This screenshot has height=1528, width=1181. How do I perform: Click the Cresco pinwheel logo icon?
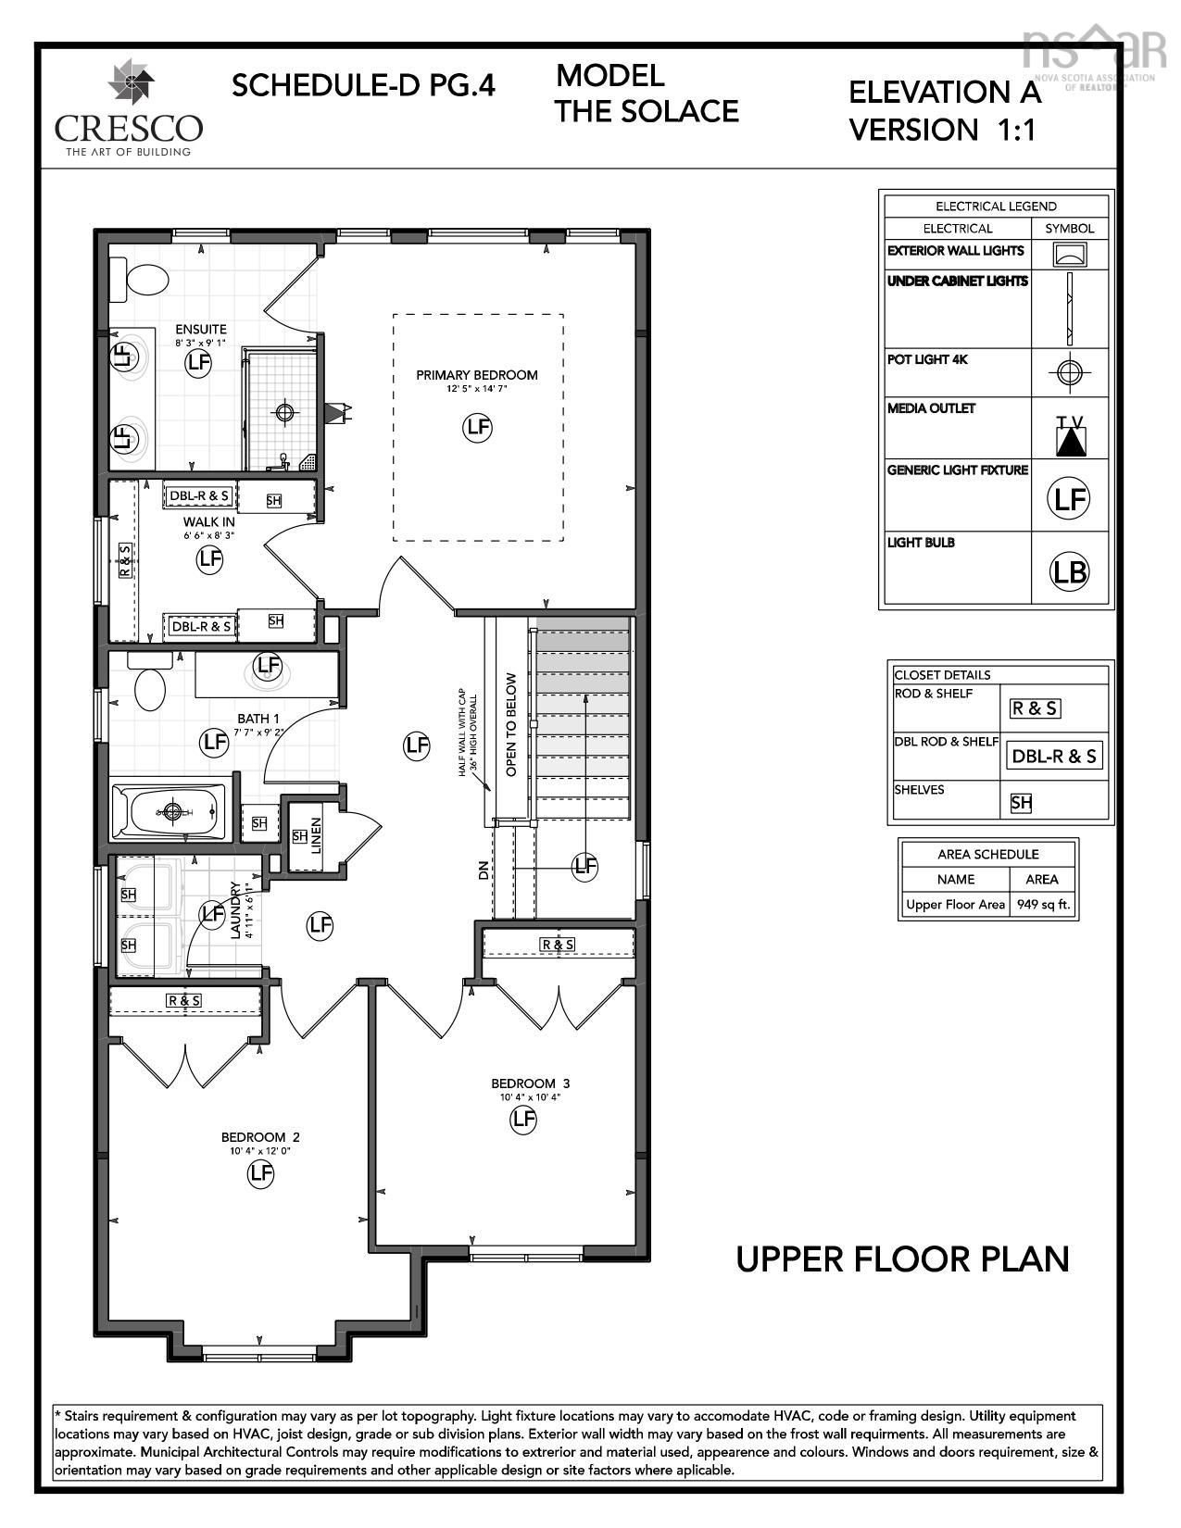[131, 82]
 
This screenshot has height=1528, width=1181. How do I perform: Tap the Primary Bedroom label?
[476, 375]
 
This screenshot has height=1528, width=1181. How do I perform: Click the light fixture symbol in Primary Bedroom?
[477, 427]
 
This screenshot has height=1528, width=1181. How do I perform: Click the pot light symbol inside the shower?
[284, 410]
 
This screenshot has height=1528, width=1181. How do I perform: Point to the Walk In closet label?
[208, 522]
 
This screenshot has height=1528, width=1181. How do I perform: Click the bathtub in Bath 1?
[170, 812]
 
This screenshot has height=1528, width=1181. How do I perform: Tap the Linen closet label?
[317, 836]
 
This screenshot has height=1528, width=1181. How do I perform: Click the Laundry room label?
[235, 910]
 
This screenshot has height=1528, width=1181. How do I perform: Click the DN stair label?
[483, 870]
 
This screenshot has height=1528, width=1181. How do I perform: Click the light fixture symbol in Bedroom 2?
[261, 1173]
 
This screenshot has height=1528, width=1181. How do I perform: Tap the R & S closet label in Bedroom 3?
[558, 944]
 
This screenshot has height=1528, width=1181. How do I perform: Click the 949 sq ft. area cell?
[1044, 905]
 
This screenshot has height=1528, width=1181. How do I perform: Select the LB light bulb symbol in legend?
[1069, 570]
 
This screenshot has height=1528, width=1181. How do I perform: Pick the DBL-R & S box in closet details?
[1054, 756]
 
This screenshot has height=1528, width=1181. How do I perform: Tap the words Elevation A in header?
[944, 93]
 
